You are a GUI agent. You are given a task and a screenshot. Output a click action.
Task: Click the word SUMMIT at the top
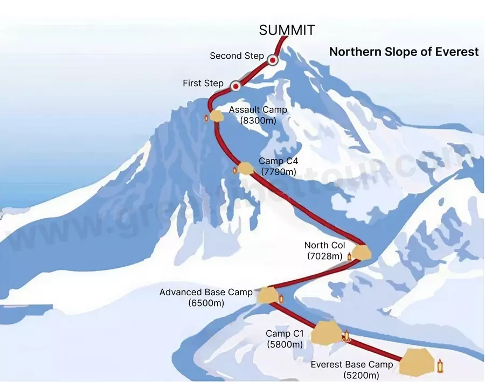click(x=287, y=30)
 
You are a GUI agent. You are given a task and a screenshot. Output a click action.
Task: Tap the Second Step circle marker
click(x=273, y=60)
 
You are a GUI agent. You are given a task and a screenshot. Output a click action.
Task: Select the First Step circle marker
click(x=235, y=86)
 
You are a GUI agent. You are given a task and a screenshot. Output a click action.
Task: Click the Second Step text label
click(x=237, y=56)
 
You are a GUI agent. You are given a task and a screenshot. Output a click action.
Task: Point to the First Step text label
click(x=203, y=84)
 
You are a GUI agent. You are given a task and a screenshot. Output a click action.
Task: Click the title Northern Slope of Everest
click(x=404, y=52)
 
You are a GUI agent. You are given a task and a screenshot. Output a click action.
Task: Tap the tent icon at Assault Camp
click(x=216, y=115)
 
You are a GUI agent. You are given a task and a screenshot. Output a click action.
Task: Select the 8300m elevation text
click(x=258, y=121)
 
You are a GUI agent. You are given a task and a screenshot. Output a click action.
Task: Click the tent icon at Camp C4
click(x=246, y=169)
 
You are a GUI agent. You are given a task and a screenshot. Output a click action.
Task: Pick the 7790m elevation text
click(x=279, y=172)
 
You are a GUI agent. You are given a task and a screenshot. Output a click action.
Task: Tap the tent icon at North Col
click(x=362, y=252)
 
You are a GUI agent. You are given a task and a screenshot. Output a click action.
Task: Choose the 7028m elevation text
click(x=324, y=256)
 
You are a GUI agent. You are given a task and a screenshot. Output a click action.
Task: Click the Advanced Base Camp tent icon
click(x=266, y=295)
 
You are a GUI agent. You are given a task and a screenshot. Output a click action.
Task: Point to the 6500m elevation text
click(x=206, y=303)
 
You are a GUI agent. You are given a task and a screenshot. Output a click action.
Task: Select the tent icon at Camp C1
click(x=326, y=332)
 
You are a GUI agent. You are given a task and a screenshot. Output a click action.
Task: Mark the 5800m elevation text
click(x=285, y=344)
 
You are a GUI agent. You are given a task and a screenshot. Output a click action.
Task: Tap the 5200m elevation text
click(x=361, y=375)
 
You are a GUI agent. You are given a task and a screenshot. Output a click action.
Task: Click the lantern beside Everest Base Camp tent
click(x=440, y=366)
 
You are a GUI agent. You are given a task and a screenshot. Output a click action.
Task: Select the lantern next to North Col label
click(x=349, y=256)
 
